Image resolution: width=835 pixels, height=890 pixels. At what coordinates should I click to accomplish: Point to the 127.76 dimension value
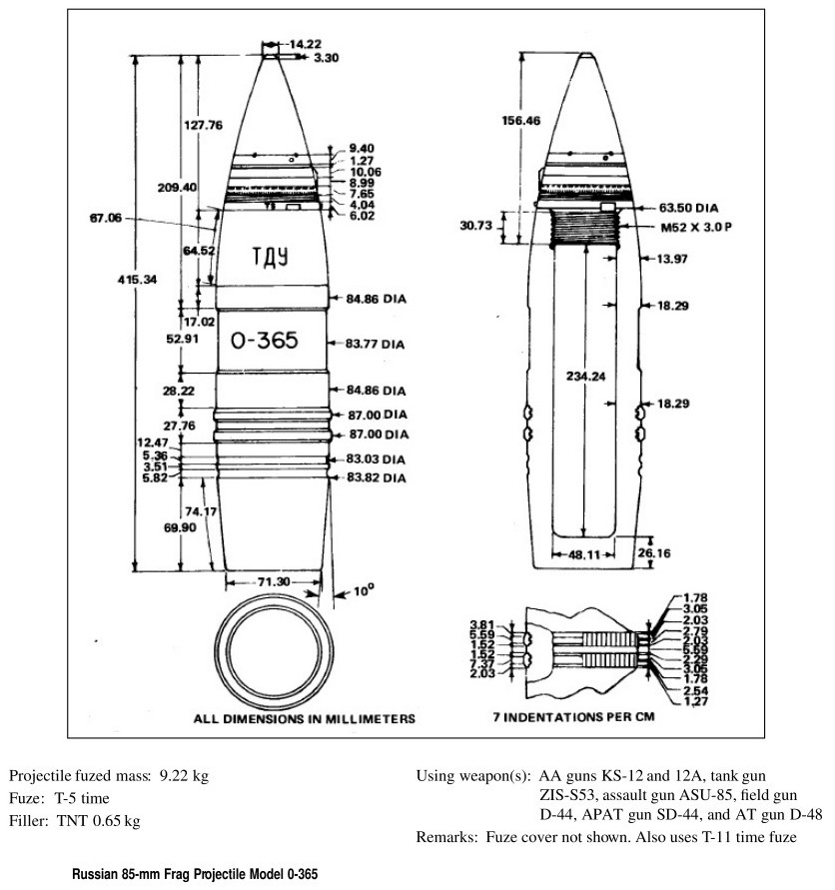(x=202, y=125)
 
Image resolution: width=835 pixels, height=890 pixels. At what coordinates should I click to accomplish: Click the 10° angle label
(x=362, y=589)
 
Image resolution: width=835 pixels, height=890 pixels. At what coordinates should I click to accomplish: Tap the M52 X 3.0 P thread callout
(x=690, y=229)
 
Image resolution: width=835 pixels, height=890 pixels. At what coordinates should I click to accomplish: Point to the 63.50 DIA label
(x=690, y=209)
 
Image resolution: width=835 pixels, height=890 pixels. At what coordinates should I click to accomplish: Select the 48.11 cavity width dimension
(x=584, y=551)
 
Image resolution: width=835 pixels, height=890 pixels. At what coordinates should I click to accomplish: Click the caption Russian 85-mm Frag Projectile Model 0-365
(x=195, y=874)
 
